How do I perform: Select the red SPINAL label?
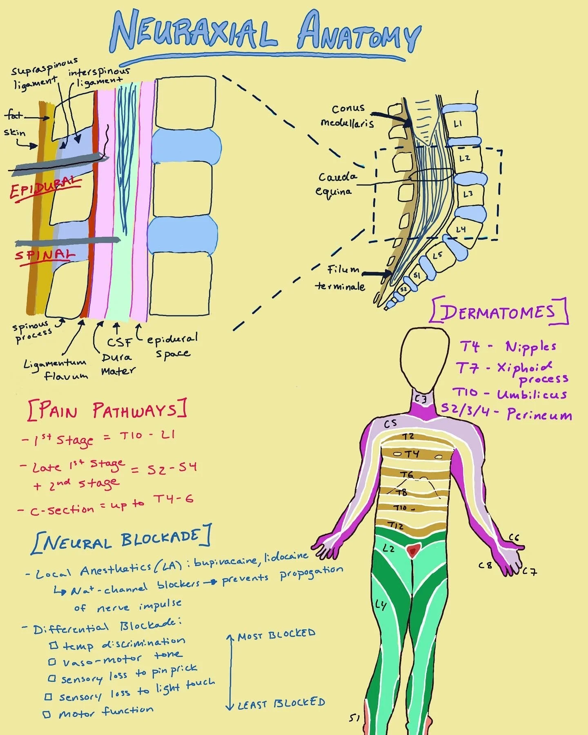pos(45,255)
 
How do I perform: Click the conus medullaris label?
pos(347,116)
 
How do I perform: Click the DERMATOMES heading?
pos(499,312)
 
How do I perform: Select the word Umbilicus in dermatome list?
pos(532,394)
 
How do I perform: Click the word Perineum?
pos(539,415)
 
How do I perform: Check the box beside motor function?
pos(47,714)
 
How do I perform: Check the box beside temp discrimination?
pos(53,646)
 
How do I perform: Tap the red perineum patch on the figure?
pos(413,551)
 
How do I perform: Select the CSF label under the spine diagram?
pos(119,342)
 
